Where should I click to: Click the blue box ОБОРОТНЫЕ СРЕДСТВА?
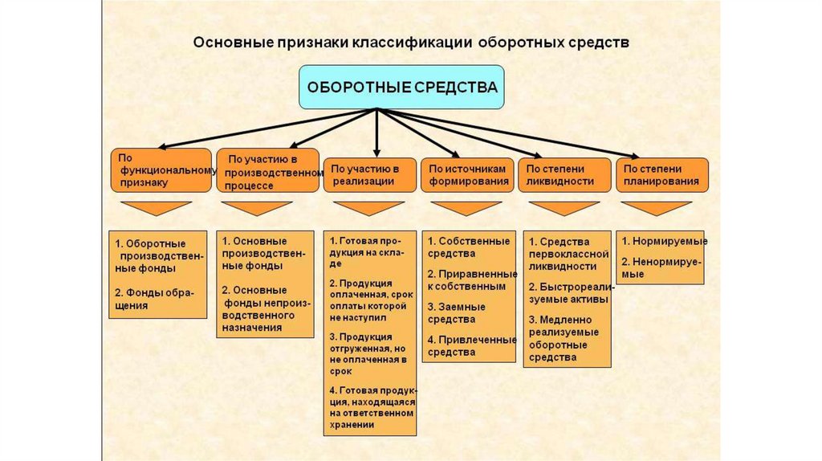point(402,88)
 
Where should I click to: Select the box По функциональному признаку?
point(161,170)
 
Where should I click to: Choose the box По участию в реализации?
point(369,174)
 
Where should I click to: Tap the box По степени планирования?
point(662,174)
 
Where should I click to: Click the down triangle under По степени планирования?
point(656,208)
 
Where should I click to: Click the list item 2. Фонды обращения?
point(150,298)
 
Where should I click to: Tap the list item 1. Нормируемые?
point(663,241)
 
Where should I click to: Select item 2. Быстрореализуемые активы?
point(568,292)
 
